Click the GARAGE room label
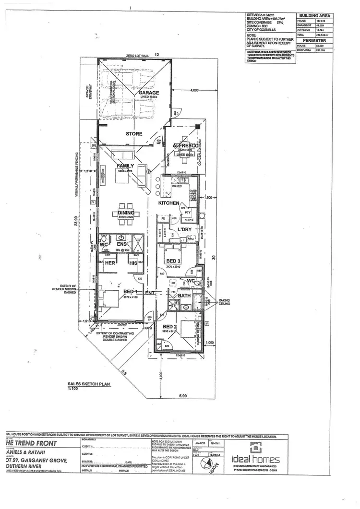[149, 93]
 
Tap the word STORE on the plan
[134, 134]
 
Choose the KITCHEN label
[169, 203]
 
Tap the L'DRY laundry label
[184, 230]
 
